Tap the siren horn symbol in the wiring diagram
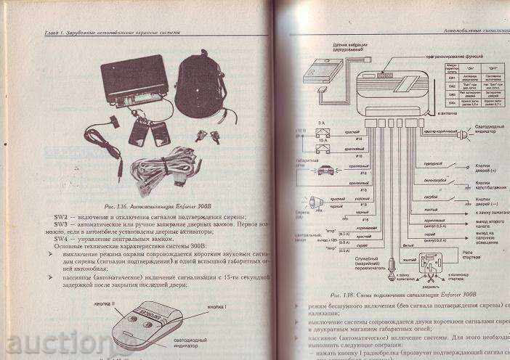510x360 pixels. pyautogui.click(x=317, y=203)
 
